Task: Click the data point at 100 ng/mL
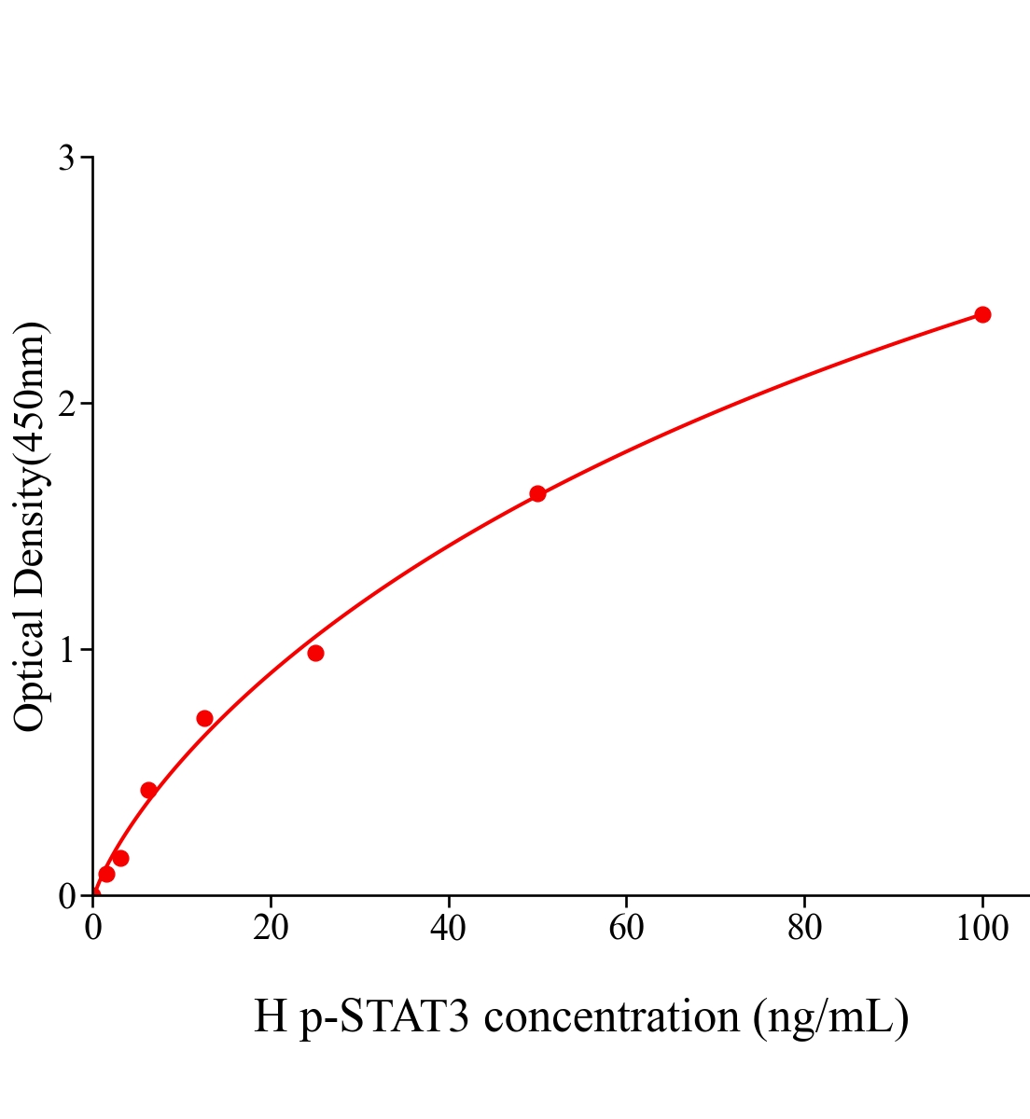(x=982, y=314)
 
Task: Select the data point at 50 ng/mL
(x=537, y=493)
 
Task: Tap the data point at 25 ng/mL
(x=315, y=653)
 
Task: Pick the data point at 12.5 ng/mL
(x=204, y=718)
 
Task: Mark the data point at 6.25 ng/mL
(x=148, y=790)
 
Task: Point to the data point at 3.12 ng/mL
(x=120, y=858)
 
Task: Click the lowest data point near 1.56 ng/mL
(x=106, y=874)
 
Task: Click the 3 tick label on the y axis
(x=66, y=159)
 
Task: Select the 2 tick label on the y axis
(x=66, y=404)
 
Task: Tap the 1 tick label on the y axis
(x=66, y=650)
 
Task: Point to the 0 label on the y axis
(x=66, y=896)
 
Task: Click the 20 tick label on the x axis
(x=271, y=929)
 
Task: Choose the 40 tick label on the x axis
(x=449, y=929)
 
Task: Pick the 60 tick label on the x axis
(x=626, y=929)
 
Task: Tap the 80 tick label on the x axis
(x=804, y=929)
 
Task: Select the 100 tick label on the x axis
(x=982, y=929)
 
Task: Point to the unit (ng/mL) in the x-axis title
(x=830, y=1017)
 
